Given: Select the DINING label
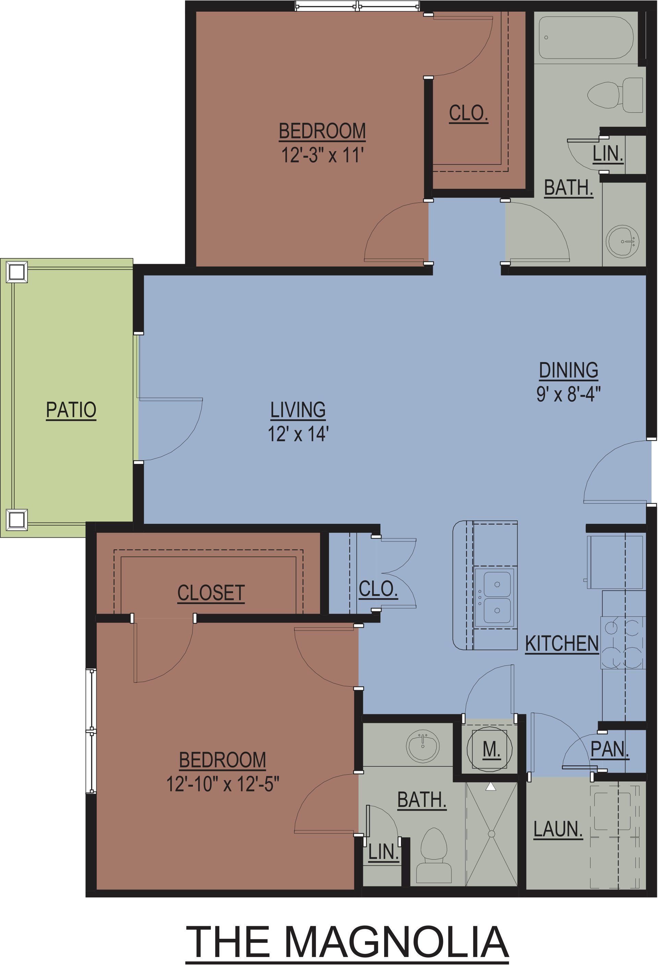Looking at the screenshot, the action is (569, 371).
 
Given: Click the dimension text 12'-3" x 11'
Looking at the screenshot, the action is (322, 156).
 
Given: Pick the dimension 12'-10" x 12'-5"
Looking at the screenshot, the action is (222, 784).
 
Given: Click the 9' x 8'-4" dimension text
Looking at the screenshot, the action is (569, 394).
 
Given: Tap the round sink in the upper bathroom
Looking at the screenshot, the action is (622, 241).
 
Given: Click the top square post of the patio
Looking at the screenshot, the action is (17, 272).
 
